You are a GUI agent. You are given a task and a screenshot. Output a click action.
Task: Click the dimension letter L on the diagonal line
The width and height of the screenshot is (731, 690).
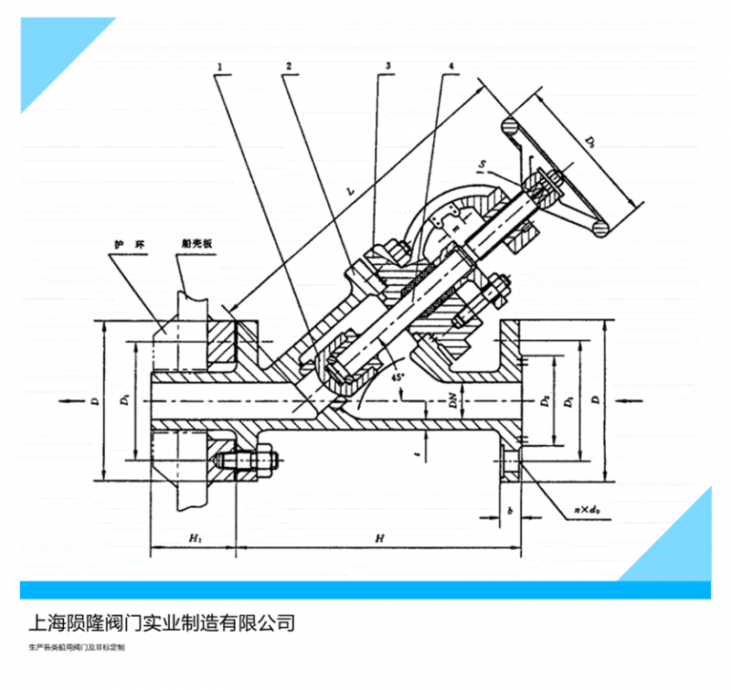[x=353, y=194]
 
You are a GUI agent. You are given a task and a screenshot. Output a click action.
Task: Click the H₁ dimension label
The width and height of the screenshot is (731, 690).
[x=195, y=539]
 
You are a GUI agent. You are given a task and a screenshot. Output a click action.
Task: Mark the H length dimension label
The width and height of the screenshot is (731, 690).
[x=378, y=539]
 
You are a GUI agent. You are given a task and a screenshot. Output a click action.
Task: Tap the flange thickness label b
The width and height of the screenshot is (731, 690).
[x=510, y=514]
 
